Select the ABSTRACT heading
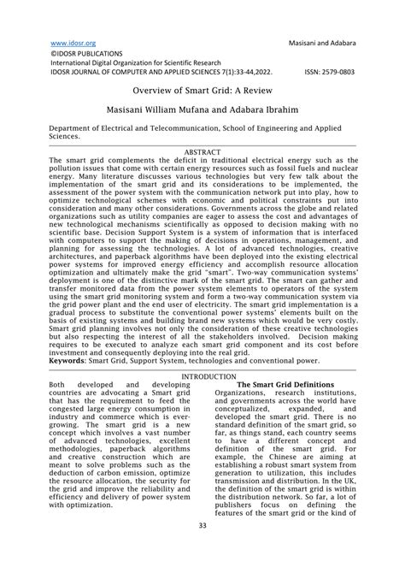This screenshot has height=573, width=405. pos(202,151)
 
